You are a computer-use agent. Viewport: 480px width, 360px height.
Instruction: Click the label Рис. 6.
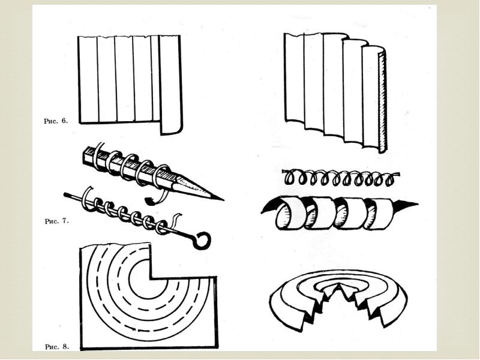pos(56,121)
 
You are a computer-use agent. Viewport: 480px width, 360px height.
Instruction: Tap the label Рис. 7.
pos(56,221)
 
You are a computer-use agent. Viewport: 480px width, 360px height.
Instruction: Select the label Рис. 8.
pos(56,346)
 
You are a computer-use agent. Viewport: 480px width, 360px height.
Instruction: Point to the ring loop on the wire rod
pos(202,240)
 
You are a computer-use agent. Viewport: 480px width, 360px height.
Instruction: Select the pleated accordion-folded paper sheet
pos(333,90)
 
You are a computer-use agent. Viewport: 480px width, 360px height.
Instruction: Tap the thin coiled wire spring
pos(339,179)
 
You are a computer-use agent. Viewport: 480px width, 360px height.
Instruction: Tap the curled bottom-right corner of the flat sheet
pos(170,131)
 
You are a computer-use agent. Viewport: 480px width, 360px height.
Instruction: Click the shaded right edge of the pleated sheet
pos(381,102)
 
